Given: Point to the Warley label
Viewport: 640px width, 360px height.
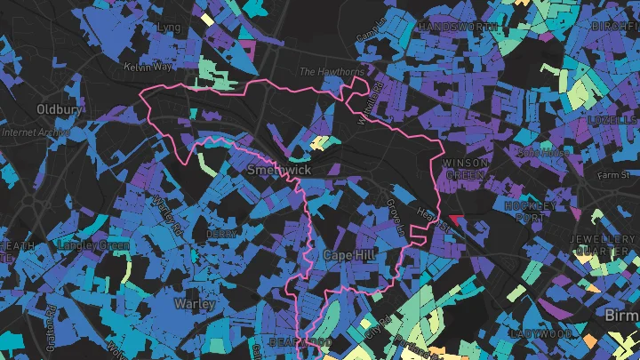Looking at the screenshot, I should coord(195,303).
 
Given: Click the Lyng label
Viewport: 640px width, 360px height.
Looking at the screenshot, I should coord(168,28).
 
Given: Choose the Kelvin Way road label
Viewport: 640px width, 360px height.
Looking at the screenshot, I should coord(147,68).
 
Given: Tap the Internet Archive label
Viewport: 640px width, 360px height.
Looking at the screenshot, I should coord(36,132).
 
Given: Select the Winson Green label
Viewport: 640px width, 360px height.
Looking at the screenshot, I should coord(465,169).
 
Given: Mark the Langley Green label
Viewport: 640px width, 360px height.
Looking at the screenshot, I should coord(93,244).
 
